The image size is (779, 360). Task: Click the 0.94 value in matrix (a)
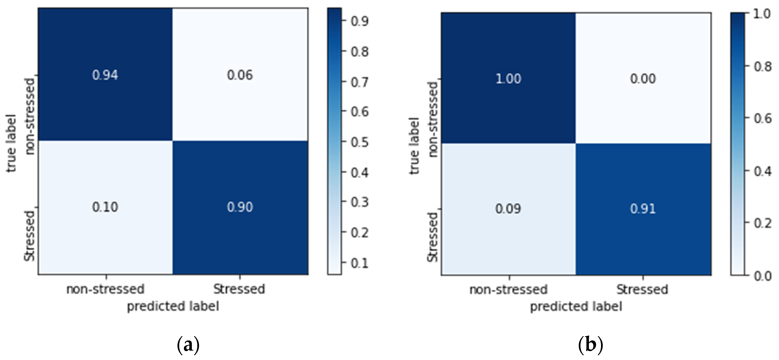[105, 75]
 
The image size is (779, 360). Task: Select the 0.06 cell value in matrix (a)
[240, 75]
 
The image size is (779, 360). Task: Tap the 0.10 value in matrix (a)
[105, 207]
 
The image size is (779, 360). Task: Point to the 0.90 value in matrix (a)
[240, 207]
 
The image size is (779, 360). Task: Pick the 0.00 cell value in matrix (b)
[643, 79]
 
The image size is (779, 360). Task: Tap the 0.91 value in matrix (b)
[643, 209]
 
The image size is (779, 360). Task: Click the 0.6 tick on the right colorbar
[763, 119]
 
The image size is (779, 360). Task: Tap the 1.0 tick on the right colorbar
[763, 14]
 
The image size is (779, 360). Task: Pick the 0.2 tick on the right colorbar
[763, 223]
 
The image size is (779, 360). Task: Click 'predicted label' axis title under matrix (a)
[173, 307]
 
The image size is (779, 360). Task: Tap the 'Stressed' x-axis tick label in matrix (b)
[642, 289]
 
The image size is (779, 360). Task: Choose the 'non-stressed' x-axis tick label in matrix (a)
[105, 289]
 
